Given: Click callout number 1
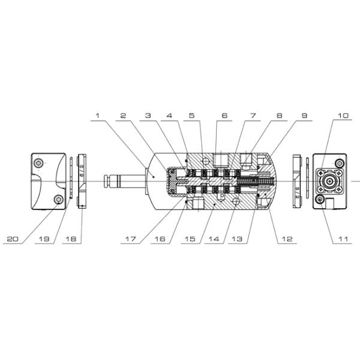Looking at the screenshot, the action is coord(98,115).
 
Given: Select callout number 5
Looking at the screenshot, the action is coord(192,115).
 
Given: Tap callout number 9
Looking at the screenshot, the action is coord(304,115).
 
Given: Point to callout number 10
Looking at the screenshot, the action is coord(343,115).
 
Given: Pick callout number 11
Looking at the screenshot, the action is coord(343,239).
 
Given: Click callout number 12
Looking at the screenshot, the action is coord(287,239).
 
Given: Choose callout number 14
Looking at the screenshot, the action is coord(214,239).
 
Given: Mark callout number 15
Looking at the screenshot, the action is coord(190,239).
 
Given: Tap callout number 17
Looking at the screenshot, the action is coord(131,239).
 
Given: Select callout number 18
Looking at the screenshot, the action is coord(71,239).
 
